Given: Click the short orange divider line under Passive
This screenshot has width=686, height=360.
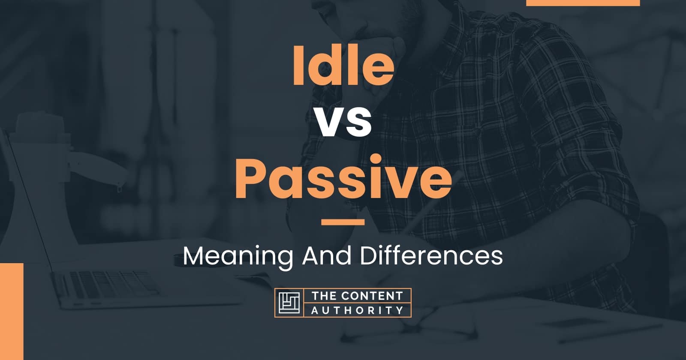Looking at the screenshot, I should coord(343,222).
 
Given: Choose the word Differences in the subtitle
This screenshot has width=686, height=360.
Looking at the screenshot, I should coord(431,256).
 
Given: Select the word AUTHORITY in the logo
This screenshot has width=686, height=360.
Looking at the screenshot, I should coord(357,310).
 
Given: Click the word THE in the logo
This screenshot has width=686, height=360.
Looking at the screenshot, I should coord(323,296).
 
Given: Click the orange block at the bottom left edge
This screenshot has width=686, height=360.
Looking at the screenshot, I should coord(11,311).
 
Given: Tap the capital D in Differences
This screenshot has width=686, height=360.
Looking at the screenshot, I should coord(370,256).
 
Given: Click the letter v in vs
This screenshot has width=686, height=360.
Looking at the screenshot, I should coord(328,123).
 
